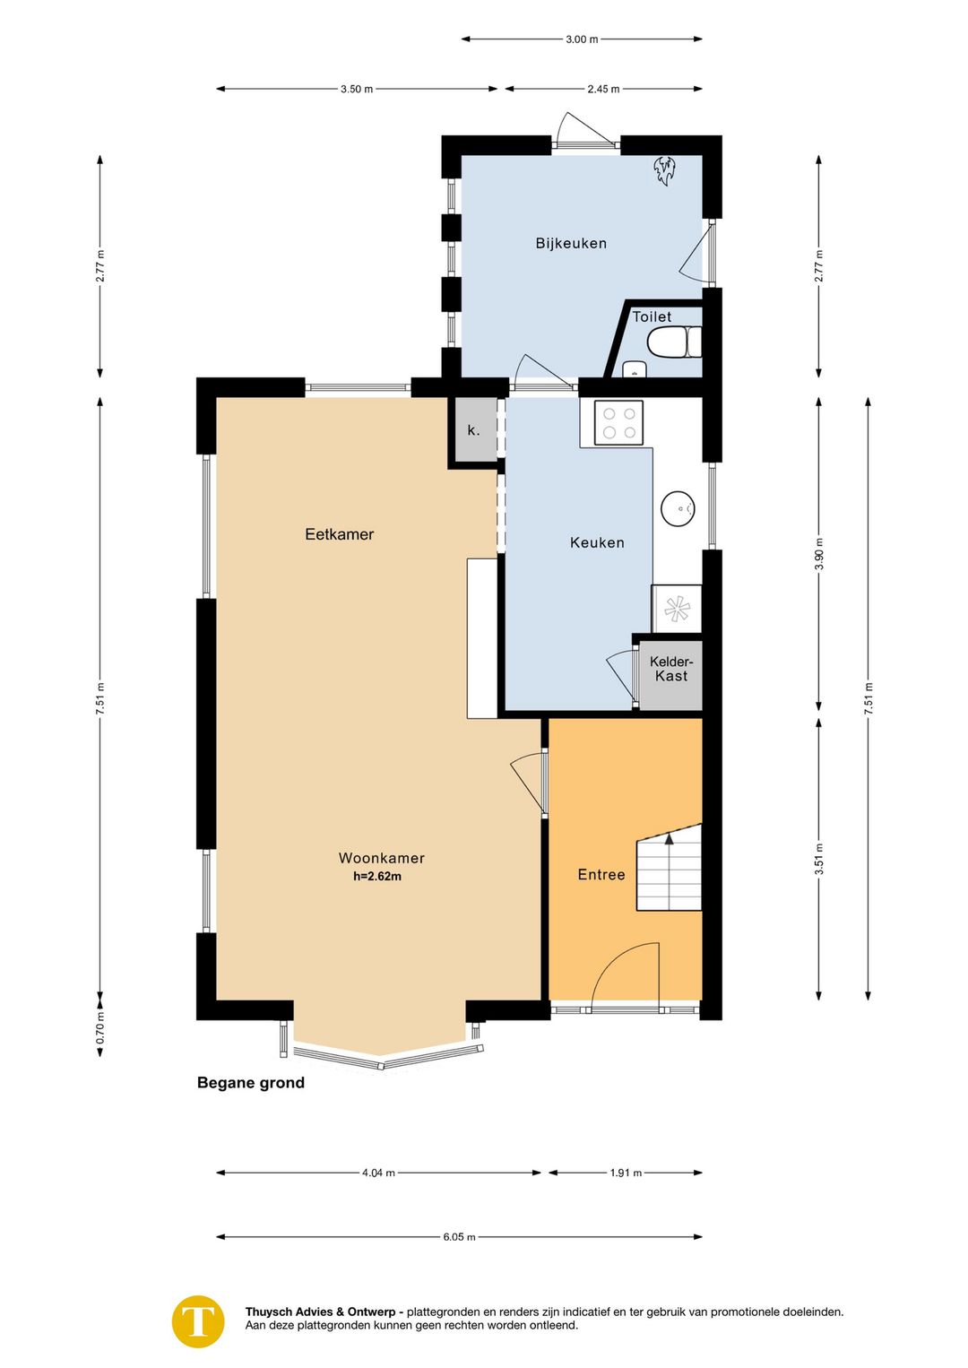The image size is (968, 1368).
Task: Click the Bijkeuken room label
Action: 571,244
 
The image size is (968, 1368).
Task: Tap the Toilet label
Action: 652,317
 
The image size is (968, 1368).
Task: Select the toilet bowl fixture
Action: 674,342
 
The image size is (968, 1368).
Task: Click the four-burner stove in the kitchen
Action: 618,422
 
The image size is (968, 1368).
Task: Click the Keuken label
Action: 597,542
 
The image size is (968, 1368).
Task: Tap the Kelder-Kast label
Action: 671,669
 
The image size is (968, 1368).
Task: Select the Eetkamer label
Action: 339,534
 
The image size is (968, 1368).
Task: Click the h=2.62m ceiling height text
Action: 377,877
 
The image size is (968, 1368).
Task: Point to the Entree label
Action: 601,875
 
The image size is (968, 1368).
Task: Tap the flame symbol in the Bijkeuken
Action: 664,171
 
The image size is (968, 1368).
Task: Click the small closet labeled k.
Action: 473,430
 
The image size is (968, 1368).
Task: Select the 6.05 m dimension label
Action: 459,1237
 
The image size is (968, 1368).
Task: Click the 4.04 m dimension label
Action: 378,1173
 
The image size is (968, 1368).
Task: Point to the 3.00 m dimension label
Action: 582,39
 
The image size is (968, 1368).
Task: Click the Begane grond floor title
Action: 250,1083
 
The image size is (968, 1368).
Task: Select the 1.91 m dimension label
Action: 626,1173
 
